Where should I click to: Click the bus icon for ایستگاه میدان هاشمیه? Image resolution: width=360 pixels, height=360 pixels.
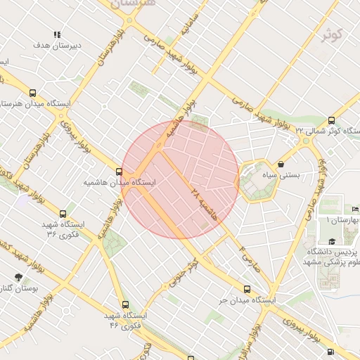118,172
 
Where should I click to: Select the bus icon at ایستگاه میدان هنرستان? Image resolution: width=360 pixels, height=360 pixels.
32,93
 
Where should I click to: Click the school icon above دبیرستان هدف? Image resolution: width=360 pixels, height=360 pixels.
57,34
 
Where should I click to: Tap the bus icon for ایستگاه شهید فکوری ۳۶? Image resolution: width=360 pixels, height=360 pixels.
63,213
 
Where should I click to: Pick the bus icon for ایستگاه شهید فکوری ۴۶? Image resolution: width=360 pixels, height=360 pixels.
125,304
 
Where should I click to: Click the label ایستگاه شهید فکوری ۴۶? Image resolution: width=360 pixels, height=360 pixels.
123,321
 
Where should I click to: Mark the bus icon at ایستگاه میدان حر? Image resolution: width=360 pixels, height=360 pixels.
246,289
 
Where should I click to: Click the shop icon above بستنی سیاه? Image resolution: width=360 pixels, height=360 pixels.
281,164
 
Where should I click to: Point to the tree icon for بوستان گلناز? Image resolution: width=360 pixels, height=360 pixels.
18,278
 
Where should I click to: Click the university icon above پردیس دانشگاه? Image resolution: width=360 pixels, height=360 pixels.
331,241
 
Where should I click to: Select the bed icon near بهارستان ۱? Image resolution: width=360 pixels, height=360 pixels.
355,210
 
